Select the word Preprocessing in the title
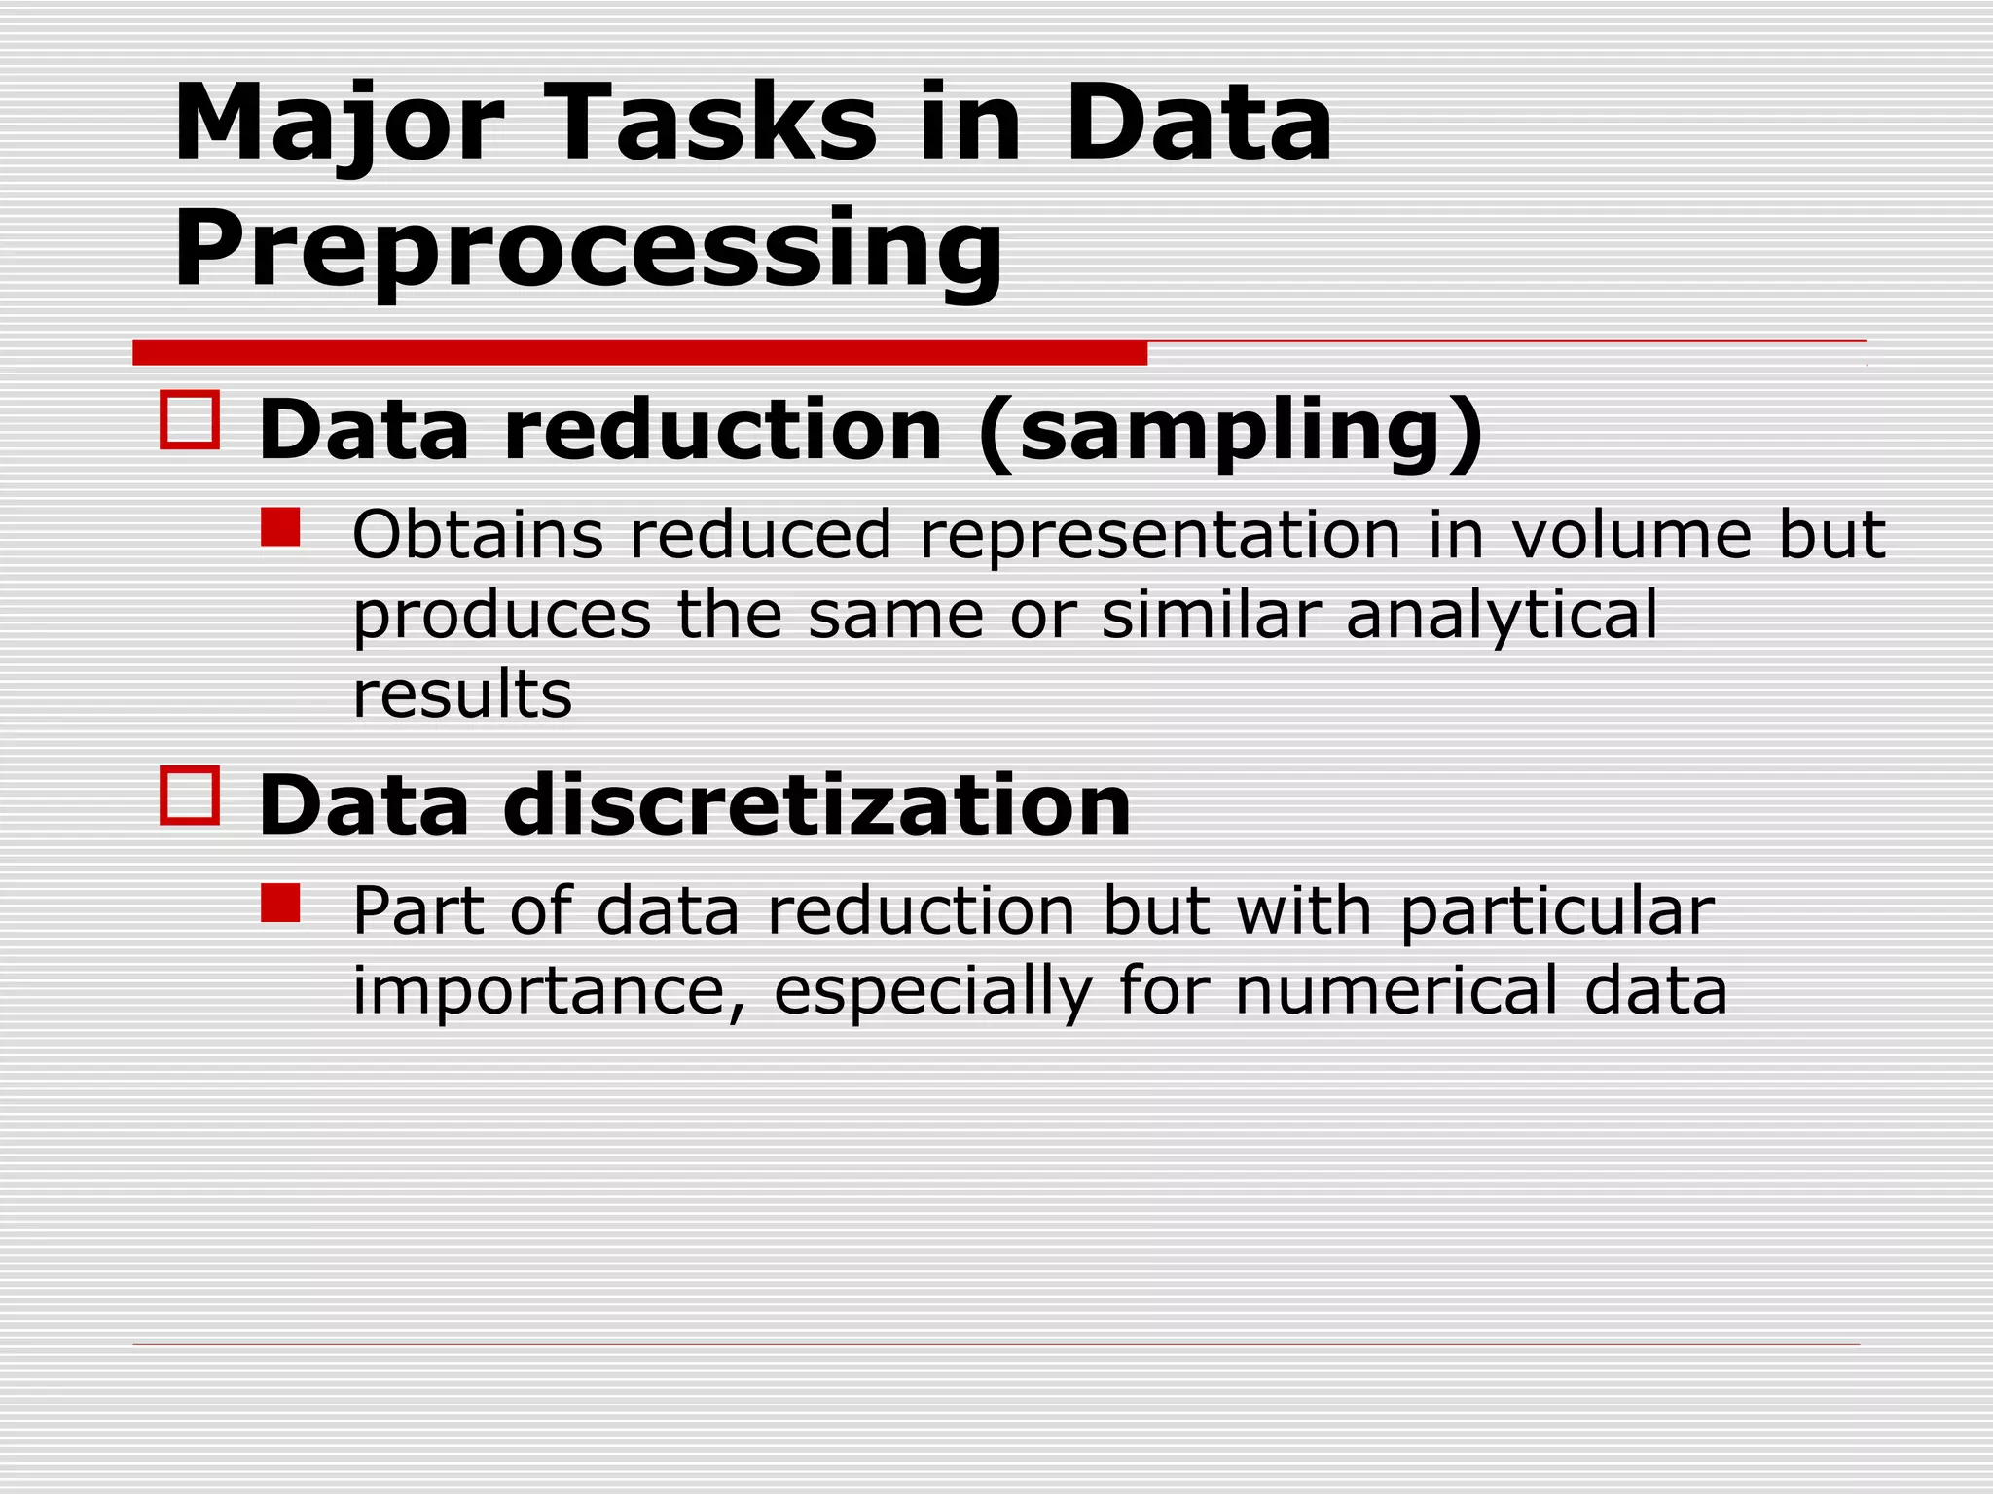click(588, 251)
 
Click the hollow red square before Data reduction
click(190, 420)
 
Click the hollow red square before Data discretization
click(190, 796)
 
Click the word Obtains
click(477, 534)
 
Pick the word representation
click(1159, 536)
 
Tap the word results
click(462, 694)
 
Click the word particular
click(1556, 912)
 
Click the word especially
click(932, 992)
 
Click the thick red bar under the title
click(639, 353)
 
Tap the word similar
click(1211, 615)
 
